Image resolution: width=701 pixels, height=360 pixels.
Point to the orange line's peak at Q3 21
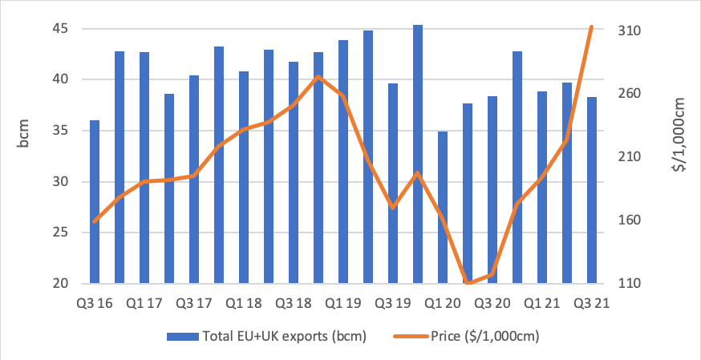pyautogui.click(x=592, y=27)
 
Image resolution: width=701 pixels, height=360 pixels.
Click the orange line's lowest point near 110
pyautogui.click(x=468, y=282)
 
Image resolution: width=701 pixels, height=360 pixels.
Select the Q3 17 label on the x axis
pyautogui.click(x=192, y=305)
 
